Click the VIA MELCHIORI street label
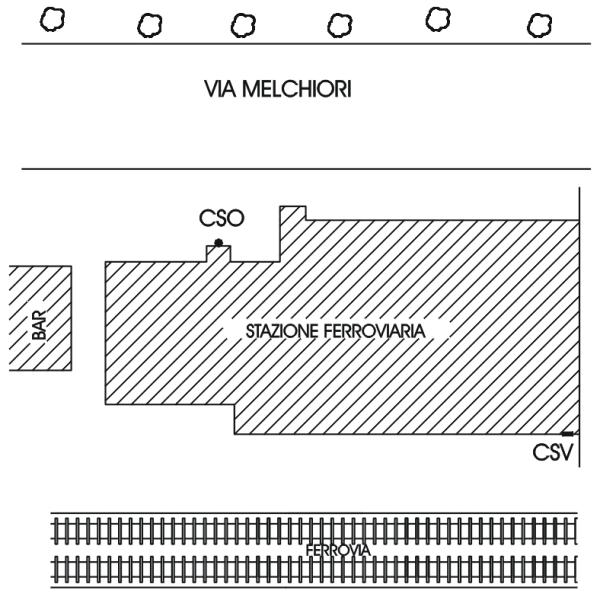tap(278, 89)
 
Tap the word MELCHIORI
tap(297, 89)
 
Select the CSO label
tap(222, 218)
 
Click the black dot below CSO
tap(218, 243)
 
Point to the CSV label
tap(553, 452)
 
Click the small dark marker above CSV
tap(567, 434)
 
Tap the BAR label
tap(39, 325)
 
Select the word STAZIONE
tap(282, 331)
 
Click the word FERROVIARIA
tap(375, 331)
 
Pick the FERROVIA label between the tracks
tap(338, 551)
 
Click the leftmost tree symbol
tap(52, 20)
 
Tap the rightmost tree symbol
tap(540, 26)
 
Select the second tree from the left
tap(150, 26)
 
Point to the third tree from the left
tap(243, 26)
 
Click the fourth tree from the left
tap(340, 26)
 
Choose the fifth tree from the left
tap(438, 20)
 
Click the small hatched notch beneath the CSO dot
tap(218, 254)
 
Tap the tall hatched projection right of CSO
tap(293, 233)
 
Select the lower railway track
tap(314, 570)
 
